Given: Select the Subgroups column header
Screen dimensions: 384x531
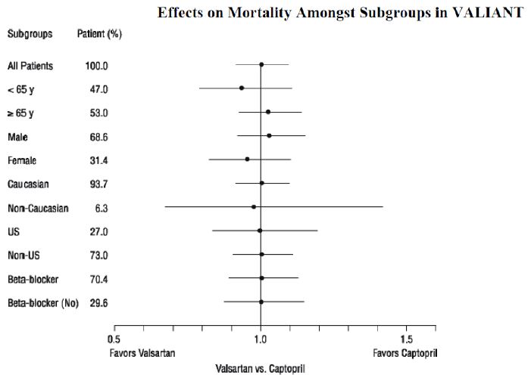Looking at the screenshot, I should (x=29, y=34).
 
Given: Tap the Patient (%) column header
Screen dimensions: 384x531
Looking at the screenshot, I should (x=99, y=34).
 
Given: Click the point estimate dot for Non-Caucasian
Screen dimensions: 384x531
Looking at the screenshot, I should (x=254, y=206).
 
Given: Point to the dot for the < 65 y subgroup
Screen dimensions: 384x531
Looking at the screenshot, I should (x=242, y=88).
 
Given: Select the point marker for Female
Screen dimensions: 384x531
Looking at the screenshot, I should (x=247, y=159).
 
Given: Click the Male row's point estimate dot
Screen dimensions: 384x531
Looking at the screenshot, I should (x=269, y=136).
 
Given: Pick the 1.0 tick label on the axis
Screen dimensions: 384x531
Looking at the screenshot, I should (x=261, y=339).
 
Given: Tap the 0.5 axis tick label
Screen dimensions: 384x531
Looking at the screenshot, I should (x=114, y=339).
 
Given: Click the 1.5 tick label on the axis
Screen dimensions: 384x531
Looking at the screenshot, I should (x=407, y=339).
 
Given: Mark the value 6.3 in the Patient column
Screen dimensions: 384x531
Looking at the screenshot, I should (x=100, y=207).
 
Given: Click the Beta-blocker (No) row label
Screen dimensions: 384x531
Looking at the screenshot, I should (x=43, y=302).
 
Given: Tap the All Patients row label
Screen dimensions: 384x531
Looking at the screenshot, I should (x=30, y=66).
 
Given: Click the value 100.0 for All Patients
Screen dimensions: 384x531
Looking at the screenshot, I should (x=97, y=66).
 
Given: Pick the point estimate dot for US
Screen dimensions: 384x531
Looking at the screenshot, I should (x=259, y=231).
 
